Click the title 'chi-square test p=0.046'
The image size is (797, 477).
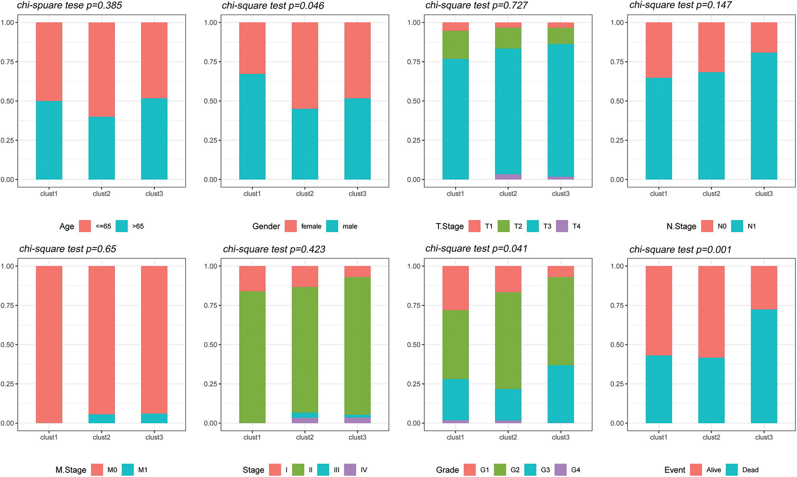pos(273,6)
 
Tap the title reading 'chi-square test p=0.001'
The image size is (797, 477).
pos(680,249)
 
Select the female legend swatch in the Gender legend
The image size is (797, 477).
pos(291,226)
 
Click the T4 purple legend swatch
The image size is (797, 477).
pos(562,226)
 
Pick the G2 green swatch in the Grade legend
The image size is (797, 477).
pos(500,470)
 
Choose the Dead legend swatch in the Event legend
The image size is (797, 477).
pos(732,470)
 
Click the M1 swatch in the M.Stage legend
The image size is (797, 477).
pos(128,470)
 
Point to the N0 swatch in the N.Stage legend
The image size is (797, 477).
pos(707,226)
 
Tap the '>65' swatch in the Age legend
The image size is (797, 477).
pos(122,226)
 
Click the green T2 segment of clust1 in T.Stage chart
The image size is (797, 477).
pos(455,45)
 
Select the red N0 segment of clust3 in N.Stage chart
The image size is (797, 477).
pos(764,37)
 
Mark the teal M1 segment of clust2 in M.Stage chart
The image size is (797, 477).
pos(101,419)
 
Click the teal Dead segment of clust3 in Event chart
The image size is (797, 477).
pos(764,366)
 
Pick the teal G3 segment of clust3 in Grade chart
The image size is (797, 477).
pos(560,394)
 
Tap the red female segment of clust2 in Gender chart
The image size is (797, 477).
pos(305,66)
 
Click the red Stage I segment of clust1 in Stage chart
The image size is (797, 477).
pos(252,278)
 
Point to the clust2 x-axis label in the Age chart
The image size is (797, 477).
pos(101,194)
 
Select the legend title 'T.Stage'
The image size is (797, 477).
pos(449,226)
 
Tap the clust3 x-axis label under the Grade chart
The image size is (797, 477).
pos(560,437)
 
